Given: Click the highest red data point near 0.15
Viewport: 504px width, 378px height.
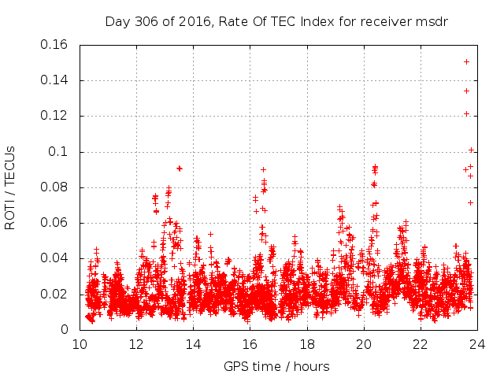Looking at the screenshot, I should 467,61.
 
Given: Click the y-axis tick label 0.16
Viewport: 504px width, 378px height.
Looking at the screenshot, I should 57,45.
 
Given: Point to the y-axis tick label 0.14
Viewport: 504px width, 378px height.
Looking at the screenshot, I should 57,80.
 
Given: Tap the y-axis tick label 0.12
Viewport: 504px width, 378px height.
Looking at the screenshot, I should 57,116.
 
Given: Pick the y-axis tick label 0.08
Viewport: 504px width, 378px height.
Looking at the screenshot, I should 57,187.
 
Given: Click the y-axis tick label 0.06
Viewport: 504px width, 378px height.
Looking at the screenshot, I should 57,223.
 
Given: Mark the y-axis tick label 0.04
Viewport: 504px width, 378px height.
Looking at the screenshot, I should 57,258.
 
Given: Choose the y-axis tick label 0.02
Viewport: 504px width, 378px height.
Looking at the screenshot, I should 57,294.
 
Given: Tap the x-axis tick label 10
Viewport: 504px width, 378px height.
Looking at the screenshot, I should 80,343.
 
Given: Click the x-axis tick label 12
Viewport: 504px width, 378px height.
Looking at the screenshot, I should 136,343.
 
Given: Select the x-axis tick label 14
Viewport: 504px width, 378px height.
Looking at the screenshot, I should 193,343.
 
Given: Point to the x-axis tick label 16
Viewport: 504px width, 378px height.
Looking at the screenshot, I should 250,343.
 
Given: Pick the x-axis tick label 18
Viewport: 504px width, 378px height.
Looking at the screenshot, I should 306,343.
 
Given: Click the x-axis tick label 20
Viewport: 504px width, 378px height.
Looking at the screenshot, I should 363,343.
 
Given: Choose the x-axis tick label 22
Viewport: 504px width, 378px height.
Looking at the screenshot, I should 420,343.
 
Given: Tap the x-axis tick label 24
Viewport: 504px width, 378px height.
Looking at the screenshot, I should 476,343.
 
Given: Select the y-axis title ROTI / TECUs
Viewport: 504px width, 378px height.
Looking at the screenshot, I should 10,187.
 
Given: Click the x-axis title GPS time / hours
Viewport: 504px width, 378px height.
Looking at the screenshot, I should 276,366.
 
